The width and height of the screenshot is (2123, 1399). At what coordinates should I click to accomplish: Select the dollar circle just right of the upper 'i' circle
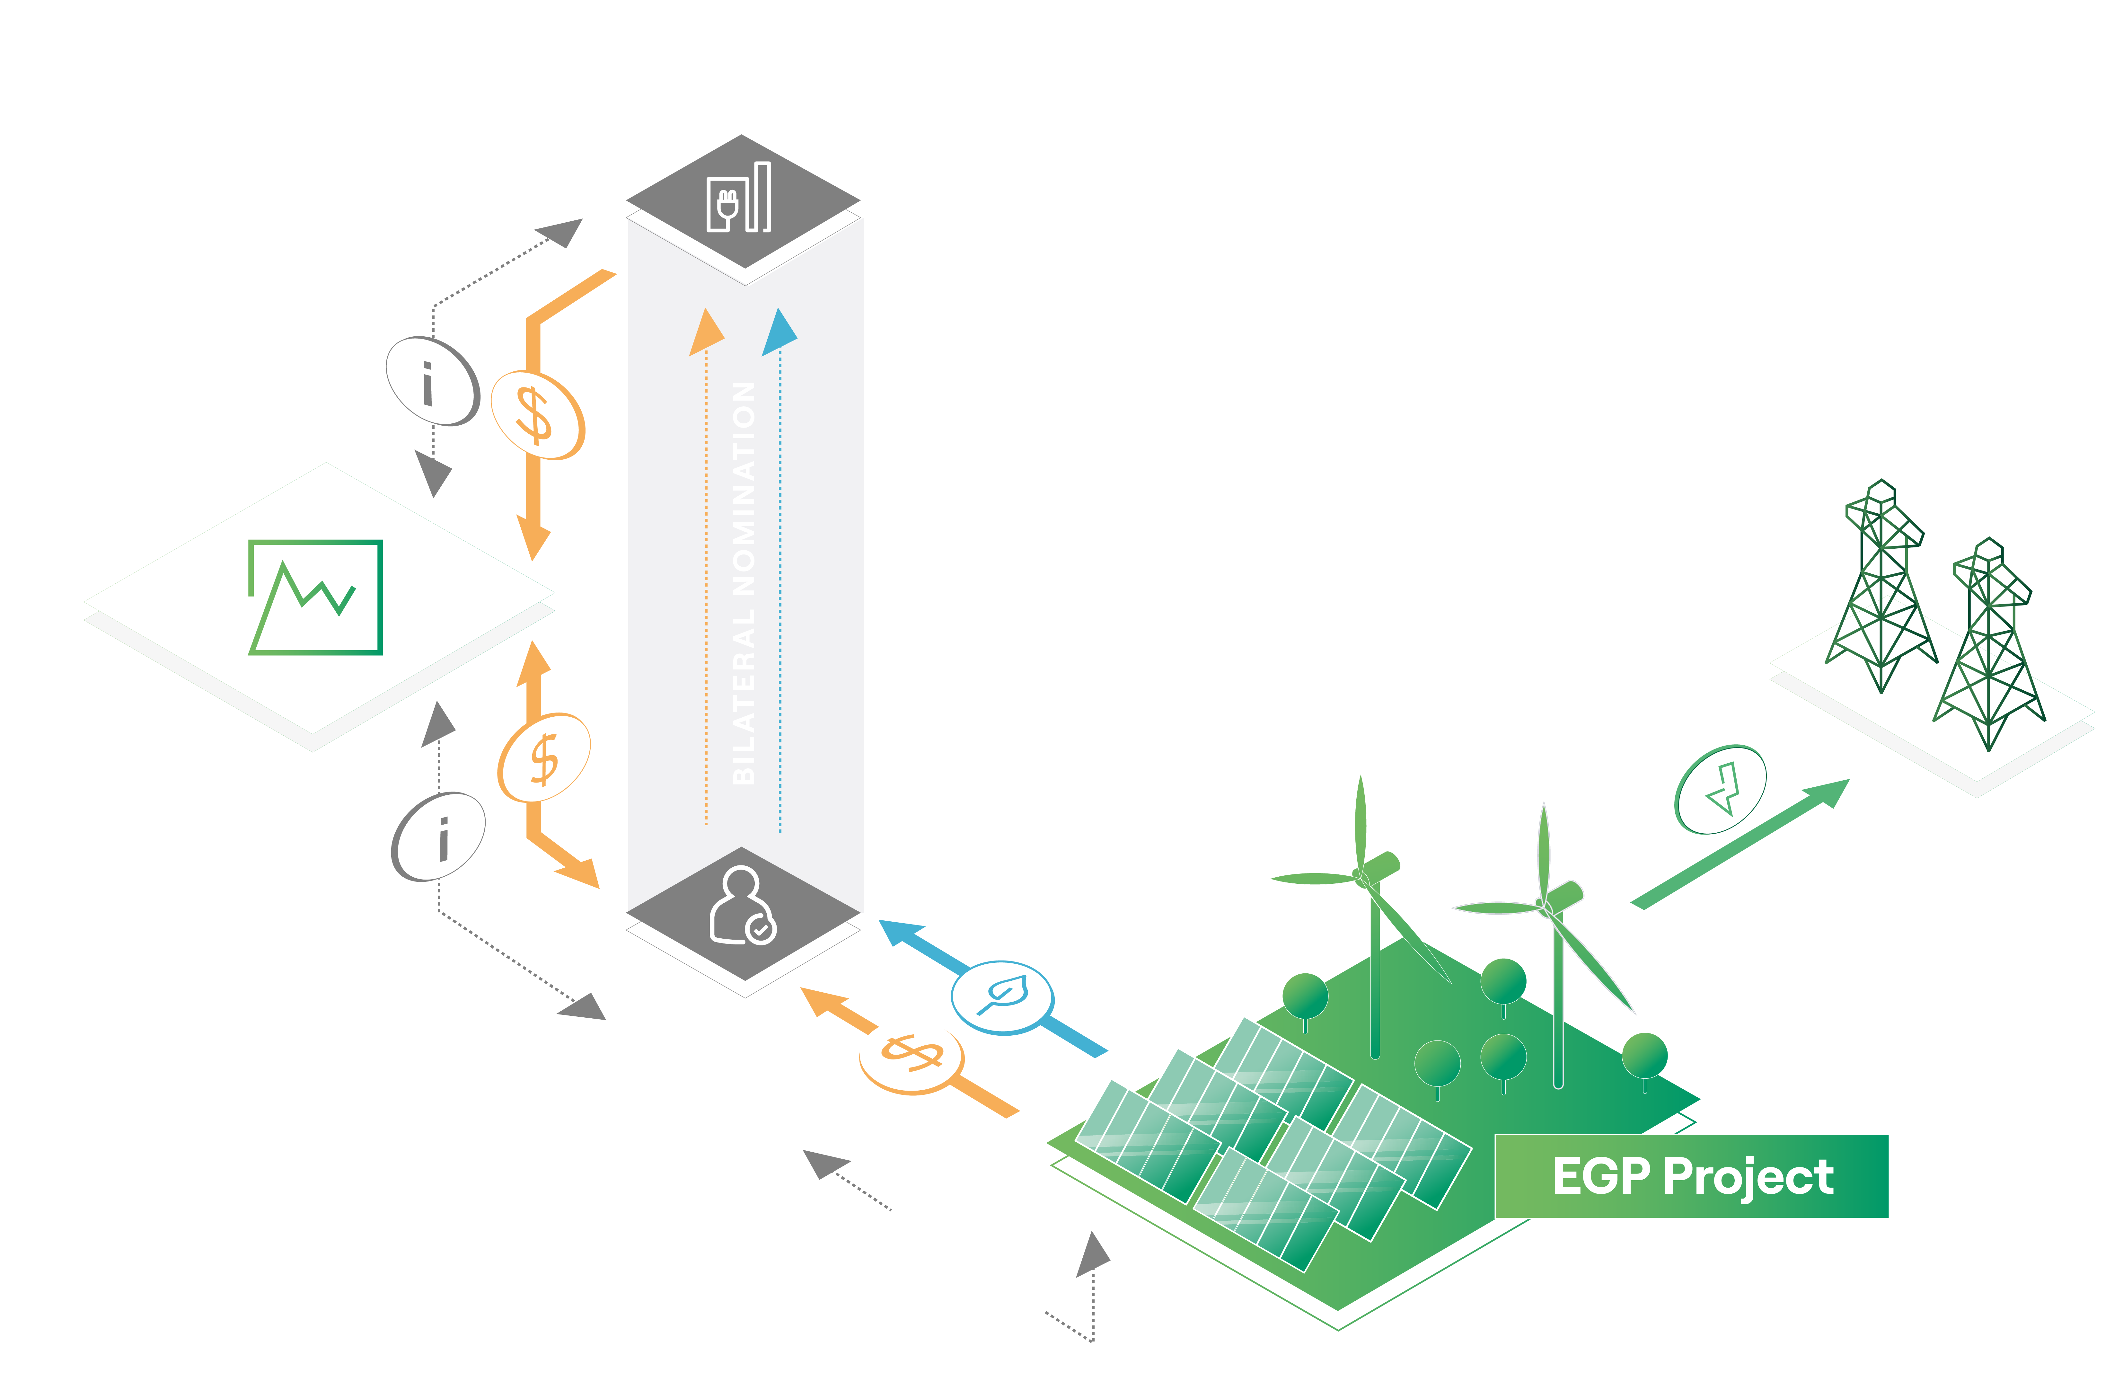pos(538,416)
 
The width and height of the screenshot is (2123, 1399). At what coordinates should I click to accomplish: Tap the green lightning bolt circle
pos(1721,790)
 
